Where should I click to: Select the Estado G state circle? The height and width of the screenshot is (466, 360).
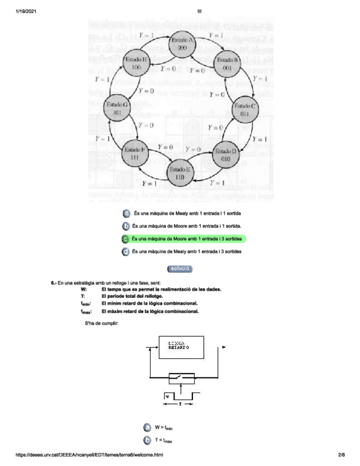(117, 108)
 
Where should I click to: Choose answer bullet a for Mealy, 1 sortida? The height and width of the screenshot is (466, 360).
(126, 213)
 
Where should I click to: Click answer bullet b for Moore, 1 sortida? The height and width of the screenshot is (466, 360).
(126, 226)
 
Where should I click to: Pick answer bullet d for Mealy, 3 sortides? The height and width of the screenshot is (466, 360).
(126, 252)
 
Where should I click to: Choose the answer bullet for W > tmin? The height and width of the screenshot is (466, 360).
(147, 427)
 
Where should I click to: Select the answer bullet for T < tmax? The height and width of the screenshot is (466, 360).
(147, 440)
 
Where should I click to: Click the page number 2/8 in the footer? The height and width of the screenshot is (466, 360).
(341, 455)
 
